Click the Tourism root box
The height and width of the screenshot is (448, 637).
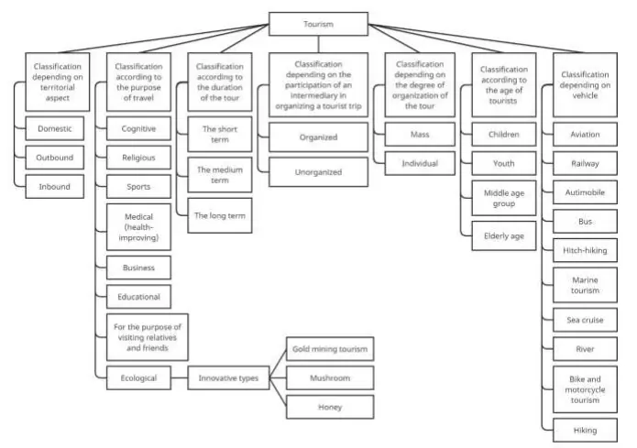(x=318, y=24)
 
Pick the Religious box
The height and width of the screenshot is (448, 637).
(x=138, y=157)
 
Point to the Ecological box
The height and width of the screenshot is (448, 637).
(x=138, y=377)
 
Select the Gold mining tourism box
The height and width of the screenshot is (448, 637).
(x=329, y=348)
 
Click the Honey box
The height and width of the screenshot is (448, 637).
(x=329, y=407)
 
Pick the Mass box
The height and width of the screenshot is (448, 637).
(x=420, y=135)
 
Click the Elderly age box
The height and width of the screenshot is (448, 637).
(x=504, y=235)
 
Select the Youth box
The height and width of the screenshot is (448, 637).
(x=504, y=164)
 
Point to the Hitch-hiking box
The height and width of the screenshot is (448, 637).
(x=585, y=248)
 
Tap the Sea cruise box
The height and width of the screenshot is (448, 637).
(x=585, y=320)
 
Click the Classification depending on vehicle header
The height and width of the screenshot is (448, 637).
(x=585, y=85)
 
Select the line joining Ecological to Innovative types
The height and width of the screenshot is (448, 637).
(x=179, y=377)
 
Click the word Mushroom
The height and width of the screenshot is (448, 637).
(x=329, y=377)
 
